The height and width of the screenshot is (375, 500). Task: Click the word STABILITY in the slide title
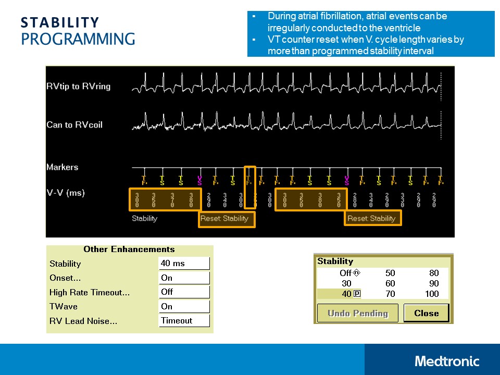[60, 22]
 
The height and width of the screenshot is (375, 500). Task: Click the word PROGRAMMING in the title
[78, 39]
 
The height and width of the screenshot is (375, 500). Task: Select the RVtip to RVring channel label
[78, 86]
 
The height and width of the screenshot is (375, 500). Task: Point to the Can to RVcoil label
[78, 124]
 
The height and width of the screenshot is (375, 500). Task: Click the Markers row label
[62, 167]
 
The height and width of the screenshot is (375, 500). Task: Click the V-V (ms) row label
[65, 193]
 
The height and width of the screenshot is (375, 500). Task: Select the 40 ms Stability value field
[184, 264]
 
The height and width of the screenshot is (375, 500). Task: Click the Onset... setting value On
[184, 278]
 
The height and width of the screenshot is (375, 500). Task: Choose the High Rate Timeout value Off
[184, 292]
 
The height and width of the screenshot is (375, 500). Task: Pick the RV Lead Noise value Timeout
[184, 320]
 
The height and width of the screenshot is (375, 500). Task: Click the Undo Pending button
[357, 314]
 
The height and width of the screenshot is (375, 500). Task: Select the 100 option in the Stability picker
[432, 294]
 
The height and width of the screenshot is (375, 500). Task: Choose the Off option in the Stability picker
[346, 273]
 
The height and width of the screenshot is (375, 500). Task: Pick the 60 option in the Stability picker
[390, 283]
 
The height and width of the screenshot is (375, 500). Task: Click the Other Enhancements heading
[129, 249]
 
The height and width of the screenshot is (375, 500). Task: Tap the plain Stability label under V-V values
[144, 218]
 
